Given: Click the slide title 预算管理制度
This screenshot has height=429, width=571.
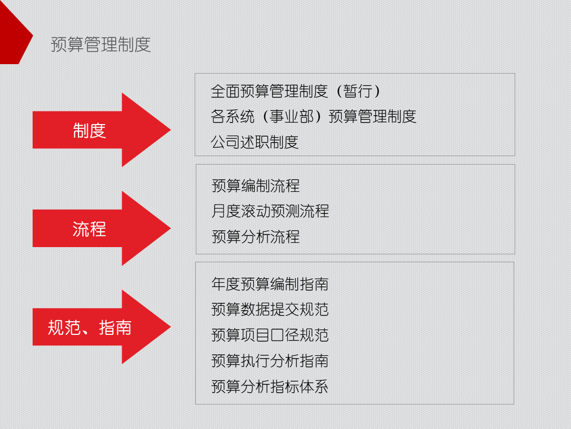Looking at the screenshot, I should click(101, 45).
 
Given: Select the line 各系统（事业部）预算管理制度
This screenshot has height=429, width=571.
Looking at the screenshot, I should click(314, 116).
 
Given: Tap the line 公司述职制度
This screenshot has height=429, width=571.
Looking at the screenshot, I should click(255, 141).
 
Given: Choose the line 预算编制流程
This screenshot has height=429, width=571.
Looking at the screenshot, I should click(256, 186).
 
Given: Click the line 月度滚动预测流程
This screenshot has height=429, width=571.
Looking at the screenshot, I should click(271, 211).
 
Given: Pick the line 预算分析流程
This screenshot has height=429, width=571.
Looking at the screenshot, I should click(256, 237).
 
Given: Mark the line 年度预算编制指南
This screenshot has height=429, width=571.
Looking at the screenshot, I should click(270, 284).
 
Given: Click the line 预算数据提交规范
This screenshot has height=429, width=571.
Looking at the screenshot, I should click(270, 309).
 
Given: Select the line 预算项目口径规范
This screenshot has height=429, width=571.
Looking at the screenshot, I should click(270, 335).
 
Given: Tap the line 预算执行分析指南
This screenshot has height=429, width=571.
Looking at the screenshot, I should click(270, 361).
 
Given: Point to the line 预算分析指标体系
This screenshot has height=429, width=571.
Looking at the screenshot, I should click(270, 386).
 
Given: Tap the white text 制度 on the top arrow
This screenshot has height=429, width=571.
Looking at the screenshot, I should click(89, 130).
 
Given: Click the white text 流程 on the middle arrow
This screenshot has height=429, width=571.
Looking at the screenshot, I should click(89, 229).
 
